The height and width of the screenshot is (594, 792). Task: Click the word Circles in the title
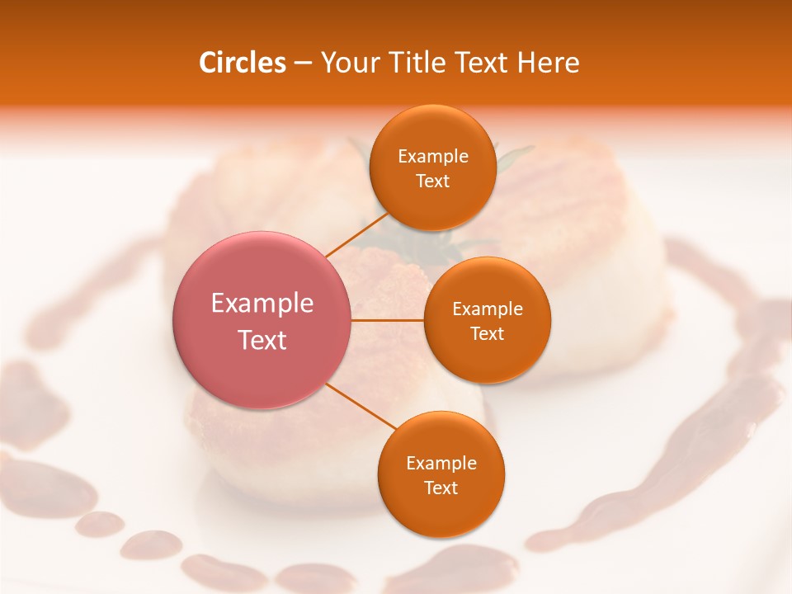242,63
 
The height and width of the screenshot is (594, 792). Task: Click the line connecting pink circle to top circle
356,234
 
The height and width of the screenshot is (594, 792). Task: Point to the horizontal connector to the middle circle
388,320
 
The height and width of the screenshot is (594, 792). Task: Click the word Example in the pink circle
262,304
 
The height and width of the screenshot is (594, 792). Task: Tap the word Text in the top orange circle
432,181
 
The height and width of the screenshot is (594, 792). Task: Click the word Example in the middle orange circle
487,309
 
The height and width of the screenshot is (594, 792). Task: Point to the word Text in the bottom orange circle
441,488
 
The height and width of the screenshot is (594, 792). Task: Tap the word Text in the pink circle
262,340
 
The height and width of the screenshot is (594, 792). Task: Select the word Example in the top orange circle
432,157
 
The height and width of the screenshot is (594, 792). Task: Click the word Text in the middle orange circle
487,334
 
